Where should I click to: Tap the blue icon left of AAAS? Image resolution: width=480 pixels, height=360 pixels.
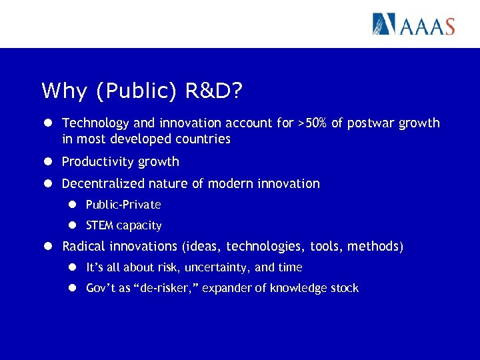pyautogui.click(x=385, y=24)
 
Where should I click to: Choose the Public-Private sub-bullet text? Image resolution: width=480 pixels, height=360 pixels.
pyautogui.click(x=123, y=205)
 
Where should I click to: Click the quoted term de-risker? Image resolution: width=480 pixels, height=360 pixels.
pyautogui.click(x=165, y=289)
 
